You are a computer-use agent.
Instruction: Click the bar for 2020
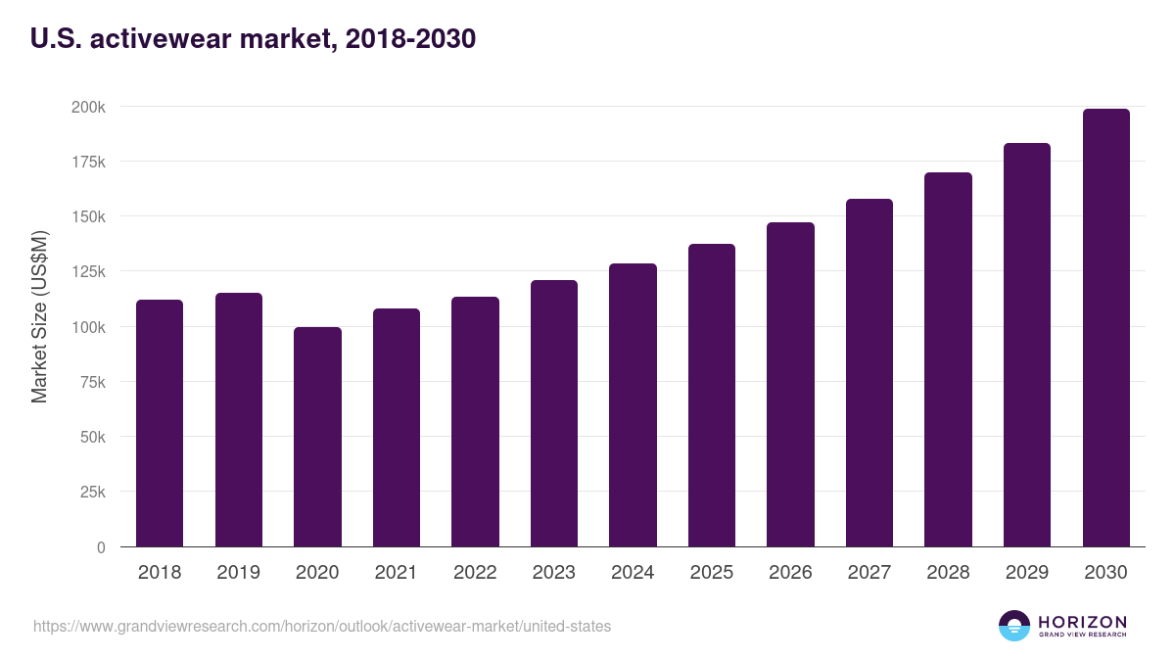click(x=317, y=437)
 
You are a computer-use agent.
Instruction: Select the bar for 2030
click(x=1105, y=328)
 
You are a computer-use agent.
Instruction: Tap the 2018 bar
click(x=160, y=423)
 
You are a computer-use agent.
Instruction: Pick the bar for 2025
click(x=711, y=396)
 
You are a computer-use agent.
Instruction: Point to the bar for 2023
click(x=553, y=413)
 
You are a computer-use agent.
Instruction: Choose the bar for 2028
click(x=948, y=359)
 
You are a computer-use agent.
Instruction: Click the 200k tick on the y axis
click(x=88, y=106)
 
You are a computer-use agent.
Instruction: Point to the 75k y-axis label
click(x=91, y=382)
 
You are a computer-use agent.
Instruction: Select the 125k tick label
click(x=88, y=271)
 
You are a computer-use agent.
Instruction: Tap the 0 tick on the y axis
click(x=100, y=547)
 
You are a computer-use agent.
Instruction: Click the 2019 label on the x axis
click(x=238, y=573)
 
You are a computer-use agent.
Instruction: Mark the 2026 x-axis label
click(x=790, y=573)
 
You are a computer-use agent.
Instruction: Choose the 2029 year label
click(x=1026, y=573)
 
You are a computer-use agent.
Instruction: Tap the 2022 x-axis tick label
click(x=475, y=573)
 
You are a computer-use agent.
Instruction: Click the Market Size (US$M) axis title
click(x=39, y=316)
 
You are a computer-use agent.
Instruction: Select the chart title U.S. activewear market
click(x=254, y=39)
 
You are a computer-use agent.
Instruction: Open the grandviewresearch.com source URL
click(x=322, y=626)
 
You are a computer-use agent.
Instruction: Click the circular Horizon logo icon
click(x=1014, y=626)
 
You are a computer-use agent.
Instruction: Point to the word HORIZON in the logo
click(x=1083, y=621)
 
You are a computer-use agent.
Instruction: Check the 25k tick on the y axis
click(x=91, y=492)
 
